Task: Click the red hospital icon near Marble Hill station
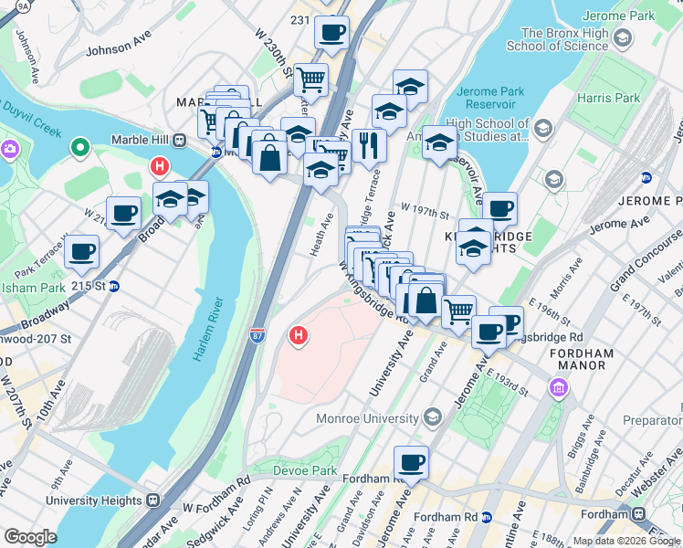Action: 160,166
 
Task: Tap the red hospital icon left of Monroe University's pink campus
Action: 297,337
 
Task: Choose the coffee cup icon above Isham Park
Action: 81,250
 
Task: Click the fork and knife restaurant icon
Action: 369,143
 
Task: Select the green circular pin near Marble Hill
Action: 80,145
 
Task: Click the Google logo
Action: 30,537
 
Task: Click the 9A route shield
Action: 23,7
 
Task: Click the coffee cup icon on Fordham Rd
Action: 411,462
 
